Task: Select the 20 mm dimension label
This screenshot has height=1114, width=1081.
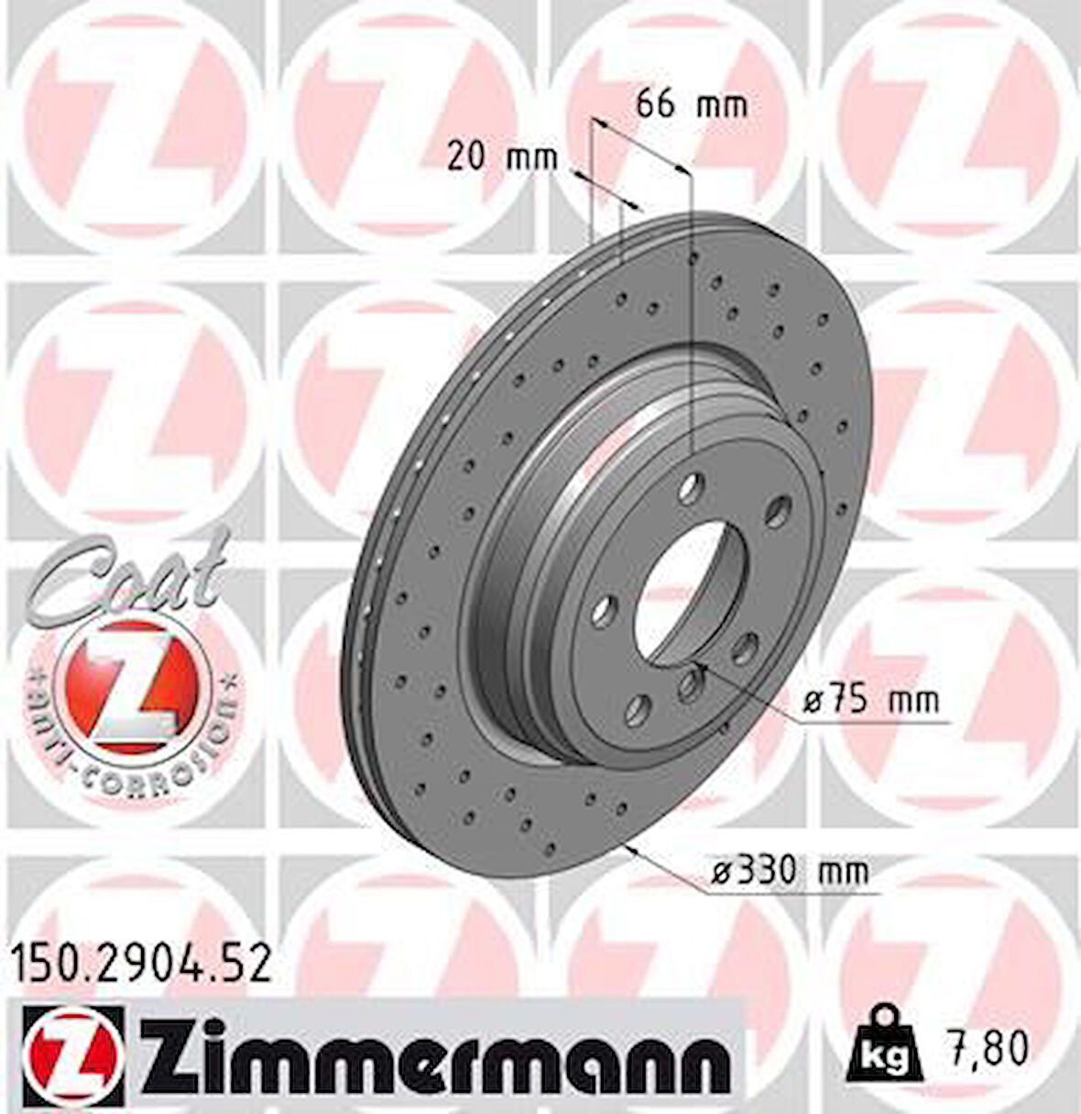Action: pos(502,158)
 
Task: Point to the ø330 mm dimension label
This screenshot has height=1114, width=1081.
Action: pos(790,869)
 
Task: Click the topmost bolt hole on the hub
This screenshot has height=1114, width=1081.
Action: pos(693,482)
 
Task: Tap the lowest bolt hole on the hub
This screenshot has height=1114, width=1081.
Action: pos(640,706)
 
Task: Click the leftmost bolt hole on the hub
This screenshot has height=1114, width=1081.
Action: pos(604,610)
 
